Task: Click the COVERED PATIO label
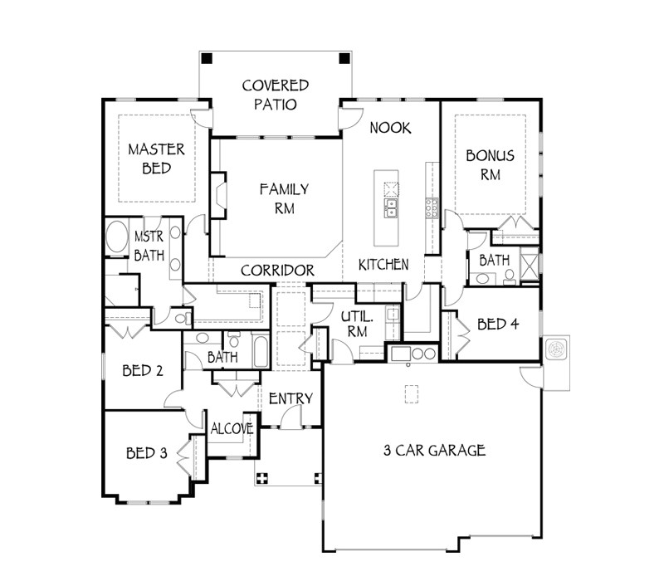click(275, 95)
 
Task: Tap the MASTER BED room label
click(156, 159)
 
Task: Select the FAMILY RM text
click(283, 198)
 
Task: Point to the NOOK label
click(391, 128)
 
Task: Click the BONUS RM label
click(490, 164)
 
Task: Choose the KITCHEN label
click(383, 265)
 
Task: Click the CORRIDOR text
click(277, 271)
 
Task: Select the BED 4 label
click(498, 325)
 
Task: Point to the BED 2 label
click(142, 371)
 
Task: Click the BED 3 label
click(147, 453)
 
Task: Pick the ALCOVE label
click(232, 429)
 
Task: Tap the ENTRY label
click(290, 399)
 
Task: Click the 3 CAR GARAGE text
click(434, 452)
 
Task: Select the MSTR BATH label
click(149, 247)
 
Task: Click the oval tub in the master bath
click(117, 240)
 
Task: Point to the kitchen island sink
click(390, 205)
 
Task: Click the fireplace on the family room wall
click(218, 195)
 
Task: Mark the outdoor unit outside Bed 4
click(556, 349)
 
